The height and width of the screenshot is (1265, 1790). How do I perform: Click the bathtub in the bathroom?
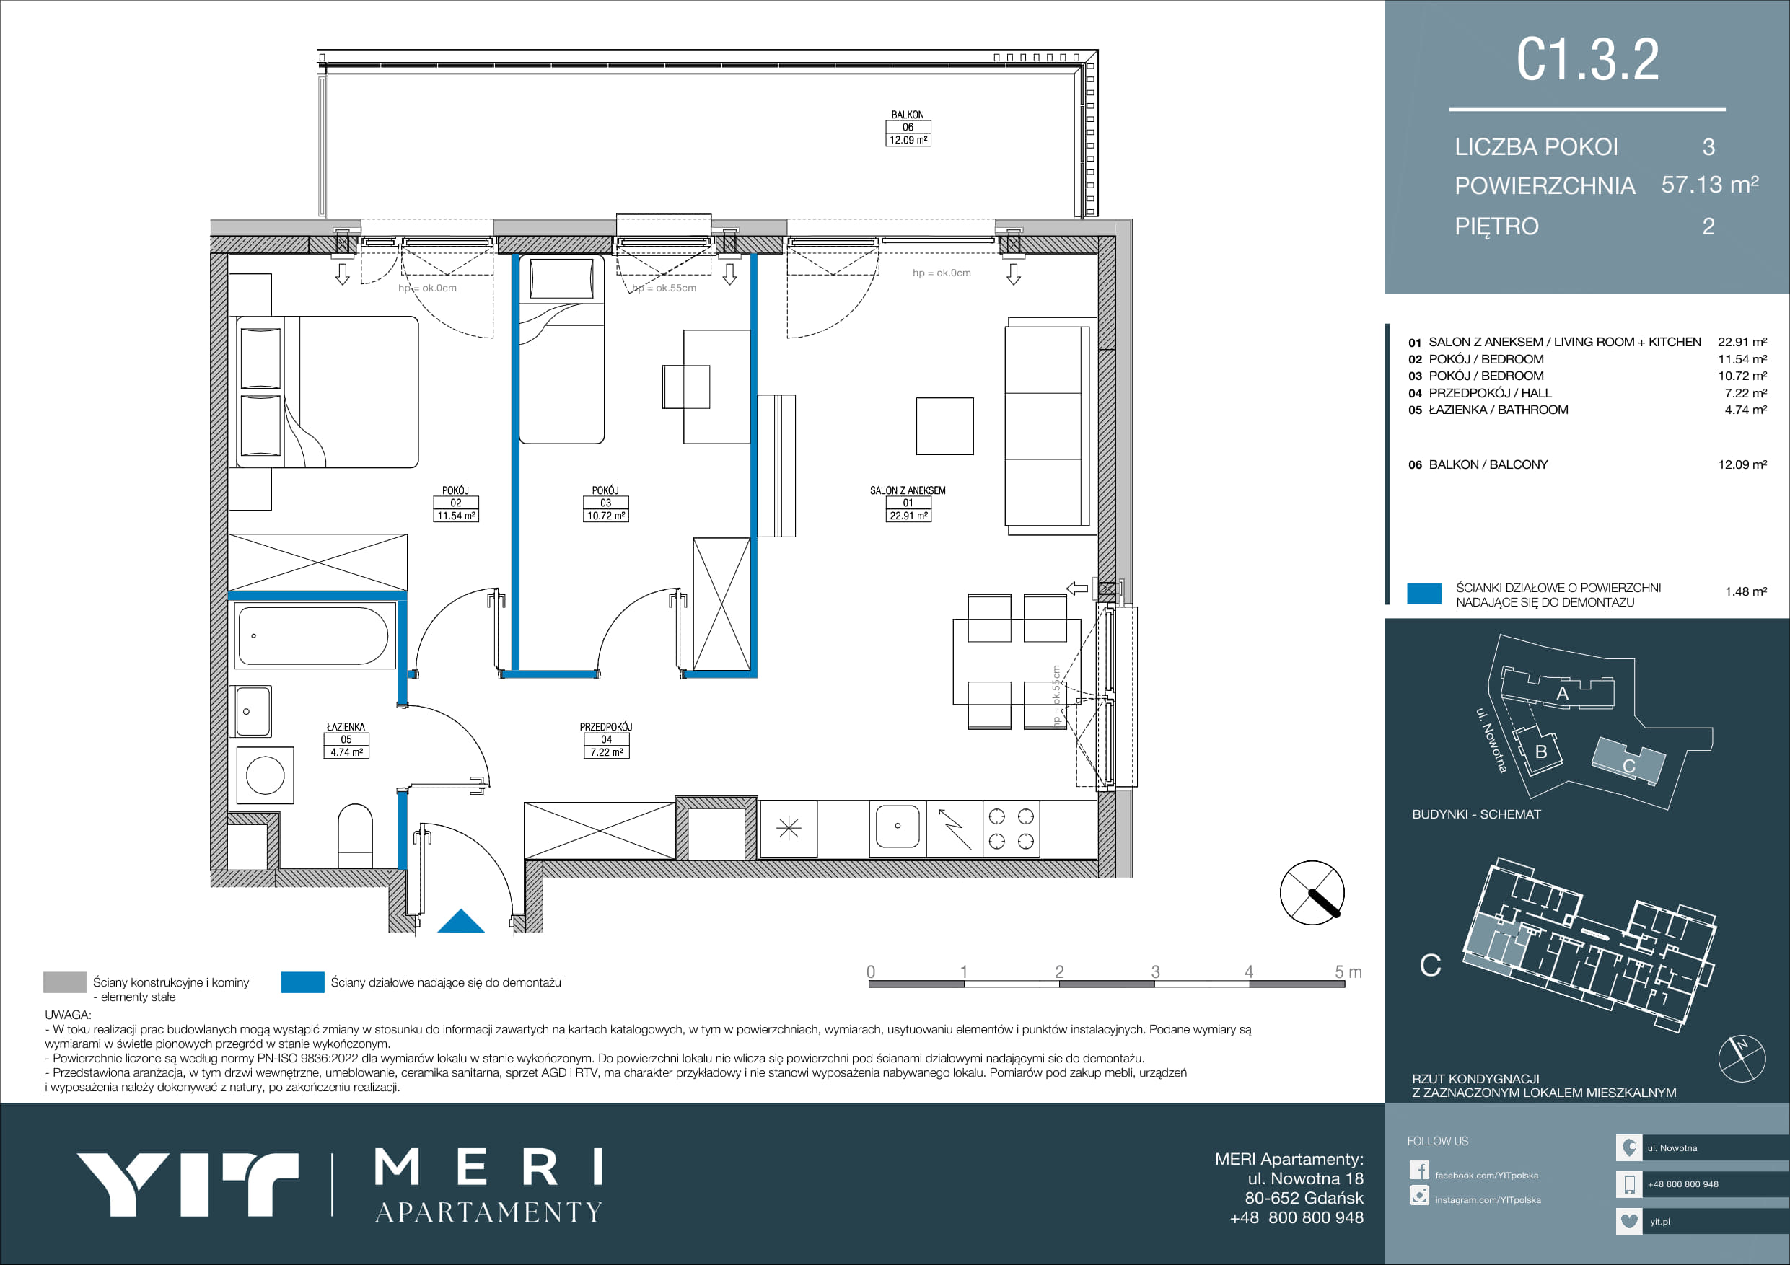pos(313,635)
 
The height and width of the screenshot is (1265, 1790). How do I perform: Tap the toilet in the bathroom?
pos(356,837)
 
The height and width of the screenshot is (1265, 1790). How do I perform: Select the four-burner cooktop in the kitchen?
pos(1012,829)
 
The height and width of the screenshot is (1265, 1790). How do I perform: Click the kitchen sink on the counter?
pos(898,827)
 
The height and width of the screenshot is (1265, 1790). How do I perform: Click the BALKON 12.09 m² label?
pos(908,128)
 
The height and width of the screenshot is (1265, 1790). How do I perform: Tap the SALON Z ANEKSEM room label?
pos(908,503)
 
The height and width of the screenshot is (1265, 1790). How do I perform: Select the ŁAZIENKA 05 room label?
pos(346,740)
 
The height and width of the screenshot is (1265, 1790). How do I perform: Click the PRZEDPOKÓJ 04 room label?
pos(606,740)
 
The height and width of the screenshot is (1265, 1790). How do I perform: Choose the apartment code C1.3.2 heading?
pos(1587,59)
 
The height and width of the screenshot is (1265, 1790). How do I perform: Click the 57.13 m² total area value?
pos(1710,185)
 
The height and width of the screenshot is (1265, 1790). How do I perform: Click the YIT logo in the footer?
pos(187,1184)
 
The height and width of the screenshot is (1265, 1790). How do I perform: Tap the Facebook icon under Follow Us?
pos(1419,1171)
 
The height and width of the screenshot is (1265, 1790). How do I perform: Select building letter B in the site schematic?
pos(1540,751)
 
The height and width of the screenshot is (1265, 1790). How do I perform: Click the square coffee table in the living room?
pos(945,426)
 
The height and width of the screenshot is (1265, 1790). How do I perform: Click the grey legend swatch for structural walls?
pos(65,982)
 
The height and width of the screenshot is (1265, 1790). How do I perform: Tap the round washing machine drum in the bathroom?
pos(265,776)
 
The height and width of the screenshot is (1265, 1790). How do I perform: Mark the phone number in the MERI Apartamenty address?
pos(1297,1217)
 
